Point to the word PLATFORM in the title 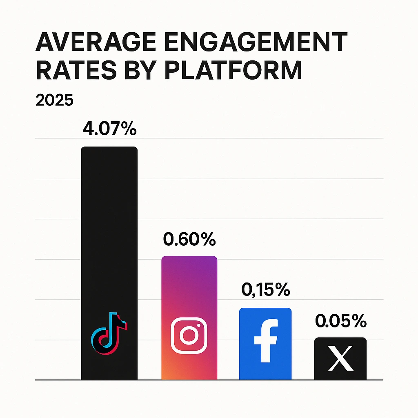233,70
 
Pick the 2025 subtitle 55,100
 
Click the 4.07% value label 109,130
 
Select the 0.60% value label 189,239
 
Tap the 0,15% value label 266,290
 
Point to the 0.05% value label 341,321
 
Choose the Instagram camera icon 189,336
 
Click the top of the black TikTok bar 109,153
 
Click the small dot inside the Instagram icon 200,325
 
